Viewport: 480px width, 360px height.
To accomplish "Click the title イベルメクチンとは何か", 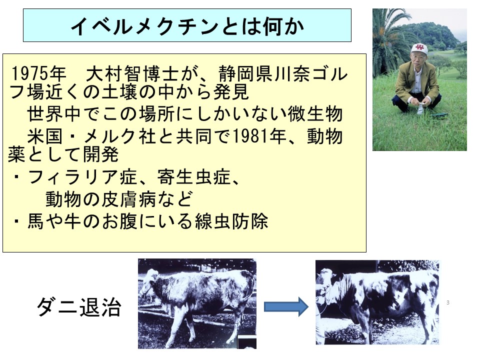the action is click(187, 26).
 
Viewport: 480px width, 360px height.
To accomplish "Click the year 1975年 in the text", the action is click(38, 73).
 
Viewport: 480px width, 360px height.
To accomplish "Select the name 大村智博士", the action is click(132, 73).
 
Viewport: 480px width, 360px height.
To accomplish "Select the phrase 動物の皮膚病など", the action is click(119, 199).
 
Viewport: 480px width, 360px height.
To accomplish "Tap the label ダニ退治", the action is click(79, 306).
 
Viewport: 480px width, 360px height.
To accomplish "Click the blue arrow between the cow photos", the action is click(286, 306).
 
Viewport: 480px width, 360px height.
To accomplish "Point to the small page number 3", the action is click(448, 302).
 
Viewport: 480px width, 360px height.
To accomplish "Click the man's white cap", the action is click(419, 48).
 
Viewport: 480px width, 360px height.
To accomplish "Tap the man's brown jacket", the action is click(416, 79).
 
